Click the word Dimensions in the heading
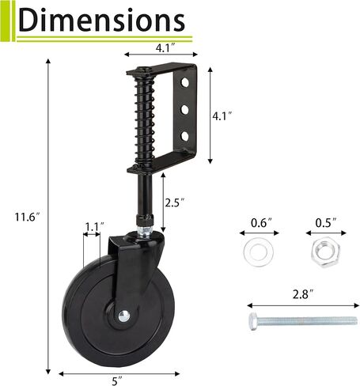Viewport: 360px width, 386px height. pos(102,20)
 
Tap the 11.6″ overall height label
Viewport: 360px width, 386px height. pos(28,217)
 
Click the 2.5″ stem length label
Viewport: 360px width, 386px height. pos(174,202)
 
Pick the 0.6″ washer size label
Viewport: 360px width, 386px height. pos(261,223)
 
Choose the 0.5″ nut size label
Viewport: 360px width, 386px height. pos(326,223)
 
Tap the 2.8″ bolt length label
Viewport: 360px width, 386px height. pos(303,294)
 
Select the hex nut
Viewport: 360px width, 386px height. pos(326,252)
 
